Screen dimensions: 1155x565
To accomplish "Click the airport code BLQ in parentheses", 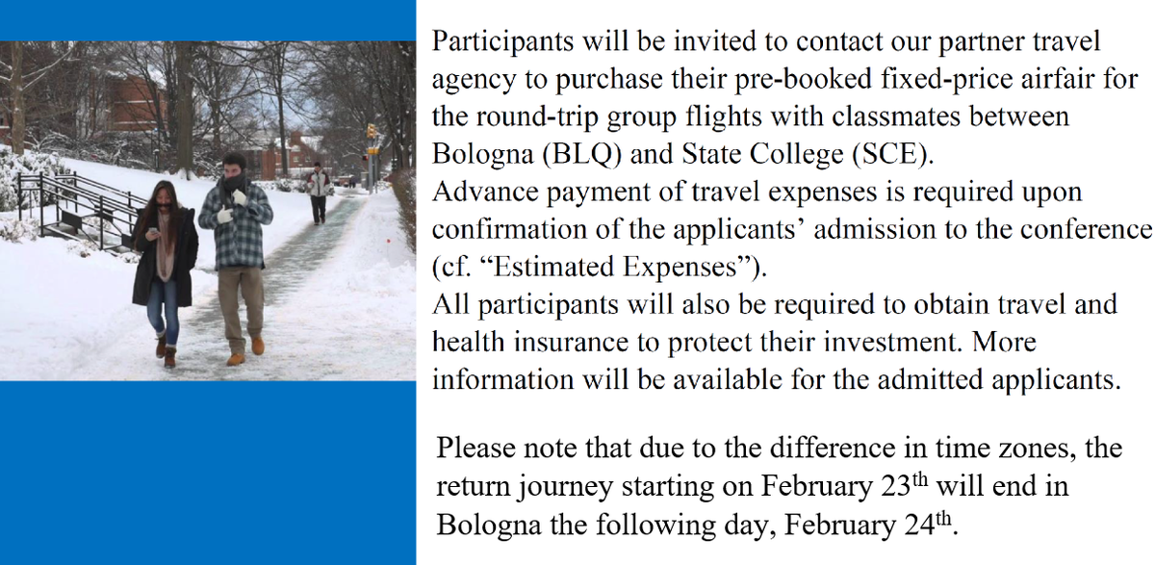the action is click(x=581, y=154).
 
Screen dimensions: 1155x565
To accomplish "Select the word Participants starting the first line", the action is click(x=502, y=41).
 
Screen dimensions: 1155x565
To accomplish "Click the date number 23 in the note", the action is click(x=896, y=486).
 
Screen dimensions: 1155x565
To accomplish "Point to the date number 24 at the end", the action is click(x=919, y=525).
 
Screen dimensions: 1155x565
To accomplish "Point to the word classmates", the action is click(x=896, y=116).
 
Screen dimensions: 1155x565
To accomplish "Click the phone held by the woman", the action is click(x=153, y=231).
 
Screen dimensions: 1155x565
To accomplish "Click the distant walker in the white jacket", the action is click(x=319, y=193).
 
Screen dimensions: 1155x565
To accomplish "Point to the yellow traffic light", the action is click(x=372, y=132).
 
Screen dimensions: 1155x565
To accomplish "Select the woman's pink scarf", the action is click(x=166, y=244).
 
